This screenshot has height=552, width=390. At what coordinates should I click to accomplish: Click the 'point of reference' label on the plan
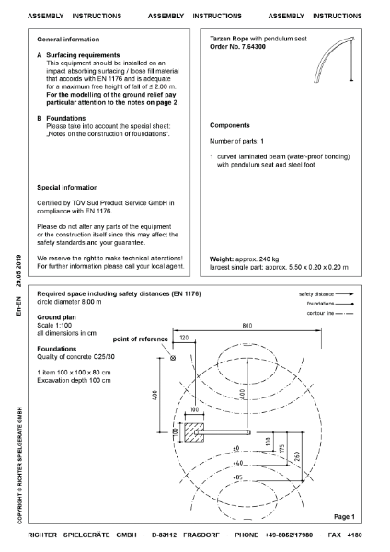(x=140, y=340)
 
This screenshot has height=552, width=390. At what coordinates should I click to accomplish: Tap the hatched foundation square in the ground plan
(x=192, y=431)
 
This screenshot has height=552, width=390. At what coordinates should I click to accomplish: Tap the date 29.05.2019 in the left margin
(x=18, y=273)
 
